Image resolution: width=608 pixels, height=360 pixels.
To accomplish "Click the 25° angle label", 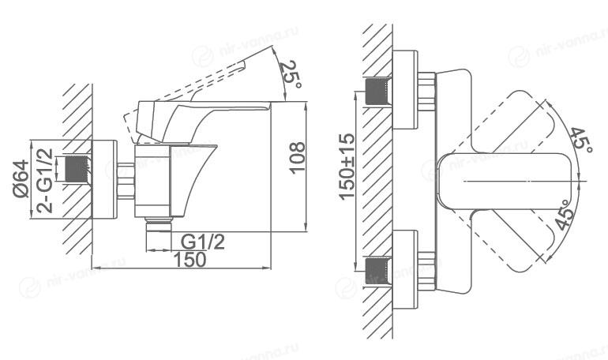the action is tap(290, 74).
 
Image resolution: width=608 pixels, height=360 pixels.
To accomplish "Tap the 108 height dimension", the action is tap(298, 158).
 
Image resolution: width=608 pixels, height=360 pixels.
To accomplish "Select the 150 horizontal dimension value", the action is tap(190, 259).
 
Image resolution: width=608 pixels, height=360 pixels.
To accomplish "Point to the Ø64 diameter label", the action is tap(22, 178).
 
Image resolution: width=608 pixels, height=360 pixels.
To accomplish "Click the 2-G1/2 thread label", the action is tap(45, 181).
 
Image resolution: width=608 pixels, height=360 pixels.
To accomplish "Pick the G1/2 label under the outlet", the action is tap(203, 242).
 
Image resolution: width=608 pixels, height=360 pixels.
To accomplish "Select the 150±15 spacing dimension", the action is tap(347, 167).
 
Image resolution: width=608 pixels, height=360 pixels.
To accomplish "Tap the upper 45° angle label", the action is tap(580, 140).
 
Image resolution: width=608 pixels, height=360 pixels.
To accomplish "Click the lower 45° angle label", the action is tap(565, 215).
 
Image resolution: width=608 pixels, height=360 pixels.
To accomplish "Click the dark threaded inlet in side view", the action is tap(77, 169).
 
